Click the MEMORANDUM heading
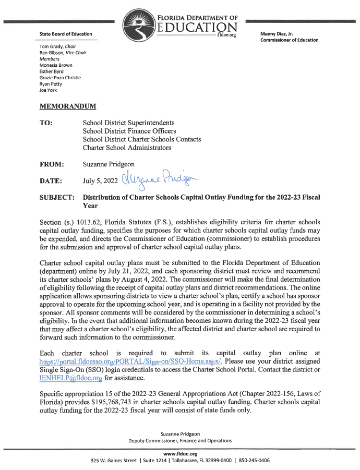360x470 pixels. pyautogui.click(x=68, y=106)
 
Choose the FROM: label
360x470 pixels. pyautogui.click(x=52, y=164)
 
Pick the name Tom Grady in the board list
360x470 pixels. pyautogui.click(x=51, y=46)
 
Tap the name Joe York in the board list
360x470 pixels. pyautogui.click(x=49, y=90)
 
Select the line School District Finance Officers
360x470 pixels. pyautogui.click(x=129, y=131)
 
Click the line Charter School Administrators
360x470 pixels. pyautogui.click(x=127, y=148)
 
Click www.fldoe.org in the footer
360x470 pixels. pyautogui.click(x=180, y=453)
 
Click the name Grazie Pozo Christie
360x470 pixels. pyautogui.click(x=61, y=78)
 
